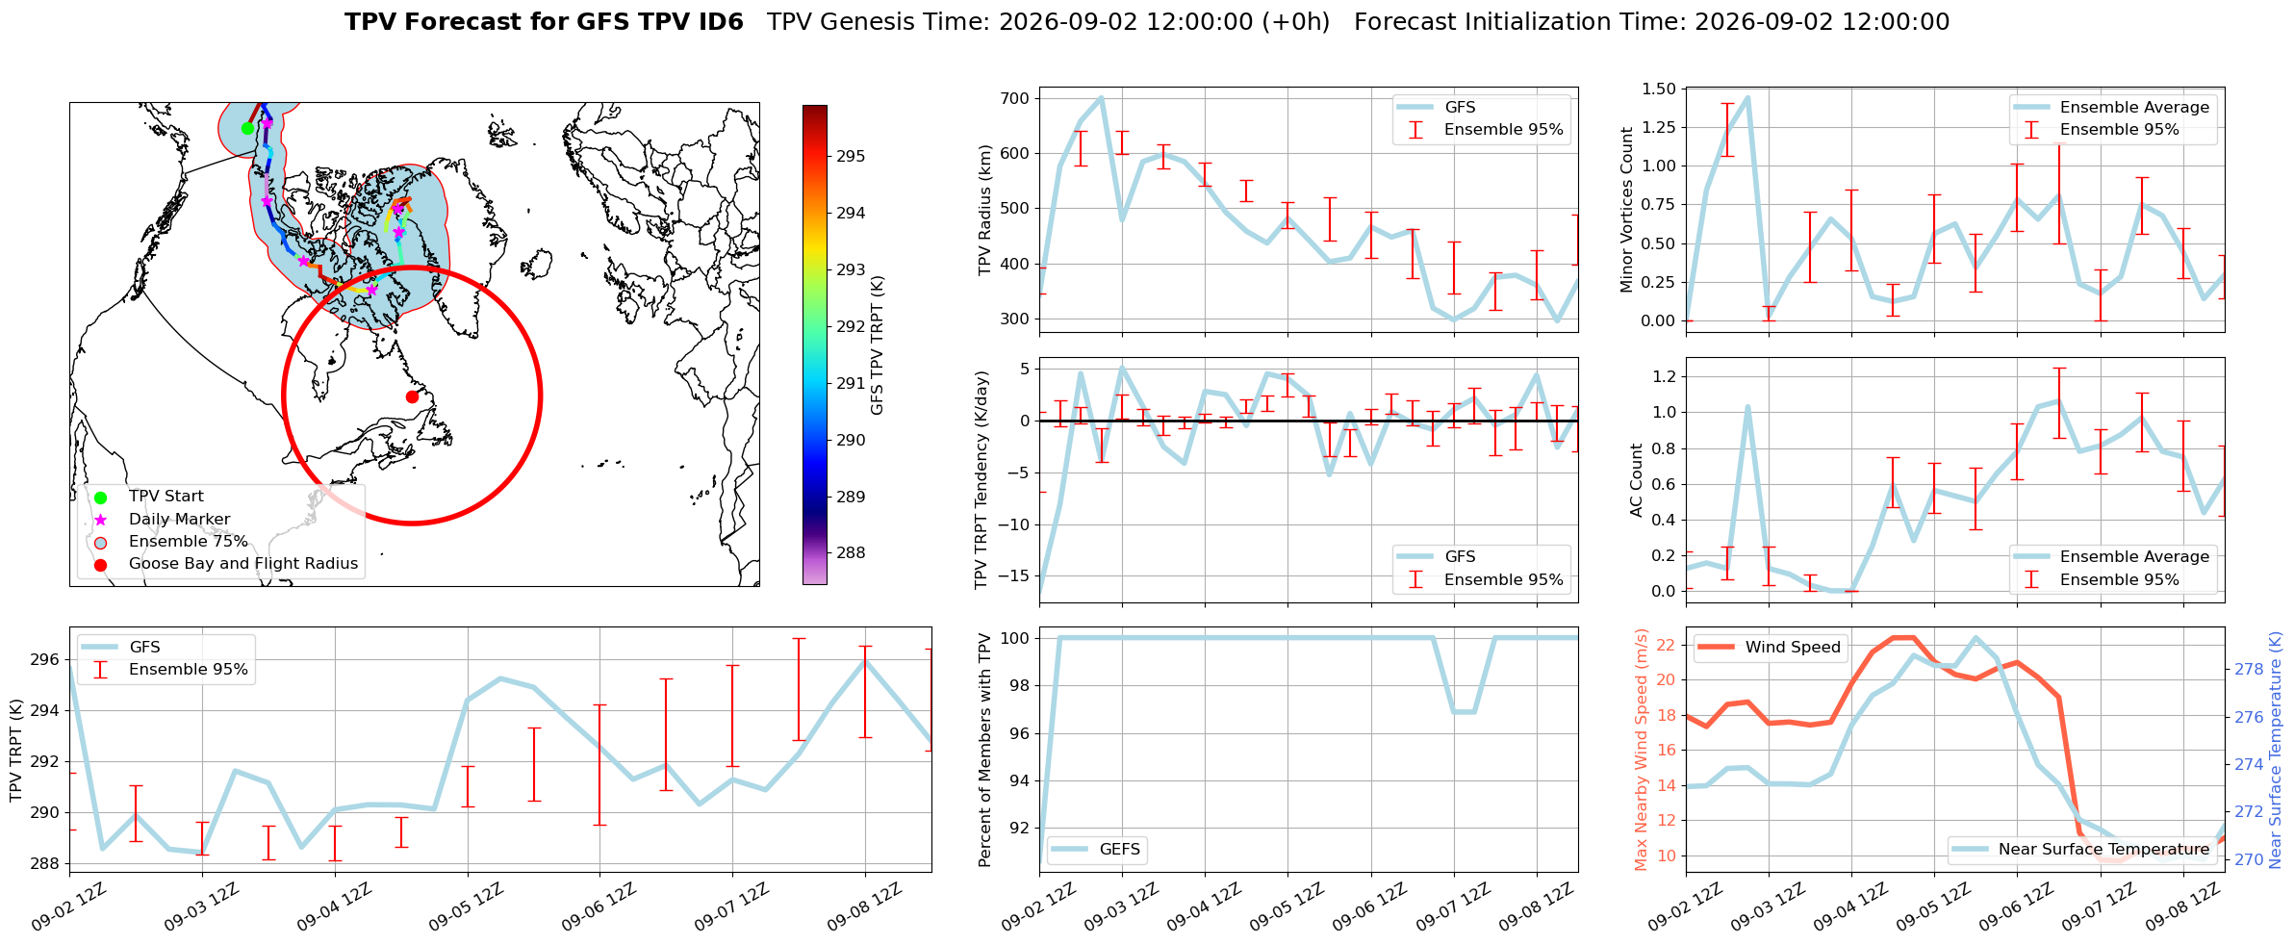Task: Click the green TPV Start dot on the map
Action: [247, 128]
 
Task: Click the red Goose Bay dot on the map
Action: [412, 396]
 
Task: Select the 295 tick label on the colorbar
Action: [851, 156]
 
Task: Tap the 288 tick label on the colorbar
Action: [851, 553]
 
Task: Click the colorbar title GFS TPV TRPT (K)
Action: [877, 345]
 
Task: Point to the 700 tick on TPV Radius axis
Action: [1015, 98]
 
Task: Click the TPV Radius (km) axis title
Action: [984, 210]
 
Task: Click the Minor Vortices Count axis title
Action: [1627, 210]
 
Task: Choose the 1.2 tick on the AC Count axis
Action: [1664, 376]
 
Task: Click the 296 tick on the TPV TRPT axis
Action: [45, 660]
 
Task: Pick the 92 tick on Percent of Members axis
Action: [1020, 828]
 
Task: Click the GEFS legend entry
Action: [1096, 849]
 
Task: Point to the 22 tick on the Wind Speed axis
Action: [1667, 645]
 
